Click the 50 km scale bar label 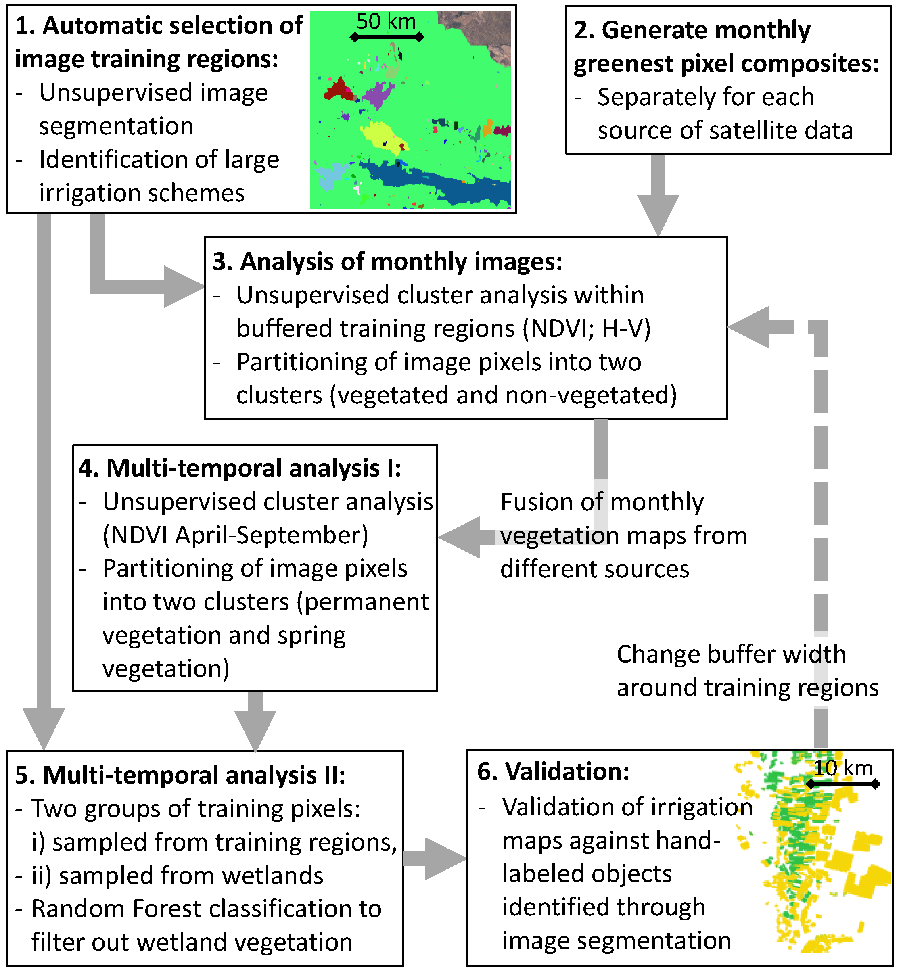pyautogui.click(x=386, y=21)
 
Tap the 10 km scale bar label pyautogui.click(x=843, y=768)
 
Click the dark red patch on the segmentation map pyautogui.click(x=337, y=89)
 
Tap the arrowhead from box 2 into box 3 pyautogui.click(x=658, y=215)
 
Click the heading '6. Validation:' pyautogui.click(x=553, y=771)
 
